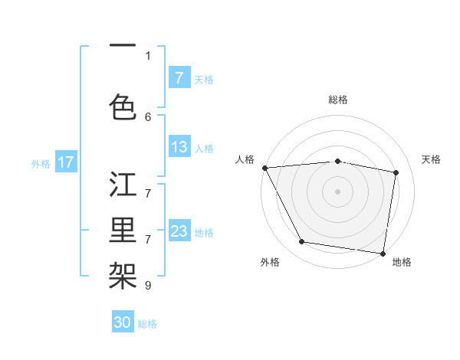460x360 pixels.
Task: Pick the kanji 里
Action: click(123, 228)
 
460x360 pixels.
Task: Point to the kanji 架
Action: click(123, 273)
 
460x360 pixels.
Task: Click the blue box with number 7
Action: click(179, 78)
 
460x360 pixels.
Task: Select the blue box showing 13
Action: click(179, 147)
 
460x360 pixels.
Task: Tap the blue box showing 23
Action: click(179, 231)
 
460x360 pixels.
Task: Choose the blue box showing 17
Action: click(66, 162)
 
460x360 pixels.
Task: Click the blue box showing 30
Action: click(123, 322)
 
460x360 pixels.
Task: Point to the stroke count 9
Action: click(148, 286)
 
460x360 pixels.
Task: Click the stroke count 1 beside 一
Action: click(148, 55)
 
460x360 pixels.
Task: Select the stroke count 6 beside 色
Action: click(148, 116)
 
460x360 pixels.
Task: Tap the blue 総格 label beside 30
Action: click(148, 324)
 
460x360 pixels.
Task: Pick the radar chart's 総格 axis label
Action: click(338, 100)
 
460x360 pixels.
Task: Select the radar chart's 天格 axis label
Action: click(432, 159)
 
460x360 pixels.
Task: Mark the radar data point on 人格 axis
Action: click(264, 168)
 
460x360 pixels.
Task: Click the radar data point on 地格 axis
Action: click(383, 253)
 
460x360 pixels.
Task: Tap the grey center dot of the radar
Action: click(338, 191)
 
